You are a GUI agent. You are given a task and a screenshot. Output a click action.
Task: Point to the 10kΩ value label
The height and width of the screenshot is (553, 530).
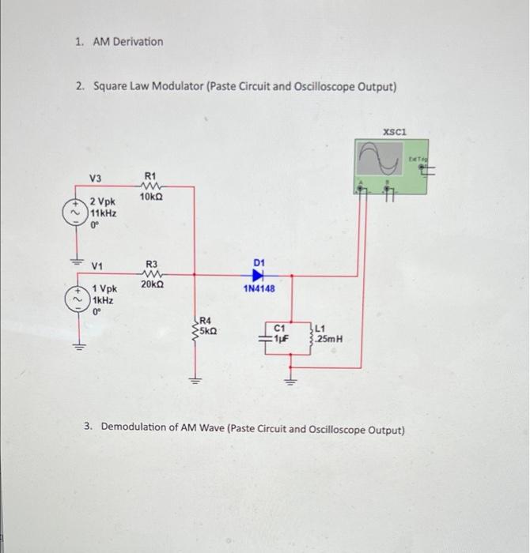point(152,197)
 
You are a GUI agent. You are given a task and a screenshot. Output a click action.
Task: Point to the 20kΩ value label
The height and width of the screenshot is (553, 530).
point(152,284)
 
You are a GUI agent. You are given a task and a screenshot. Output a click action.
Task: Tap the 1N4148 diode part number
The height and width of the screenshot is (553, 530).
point(259,289)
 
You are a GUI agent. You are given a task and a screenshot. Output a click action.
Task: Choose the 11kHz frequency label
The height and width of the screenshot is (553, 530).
point(104,213)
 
